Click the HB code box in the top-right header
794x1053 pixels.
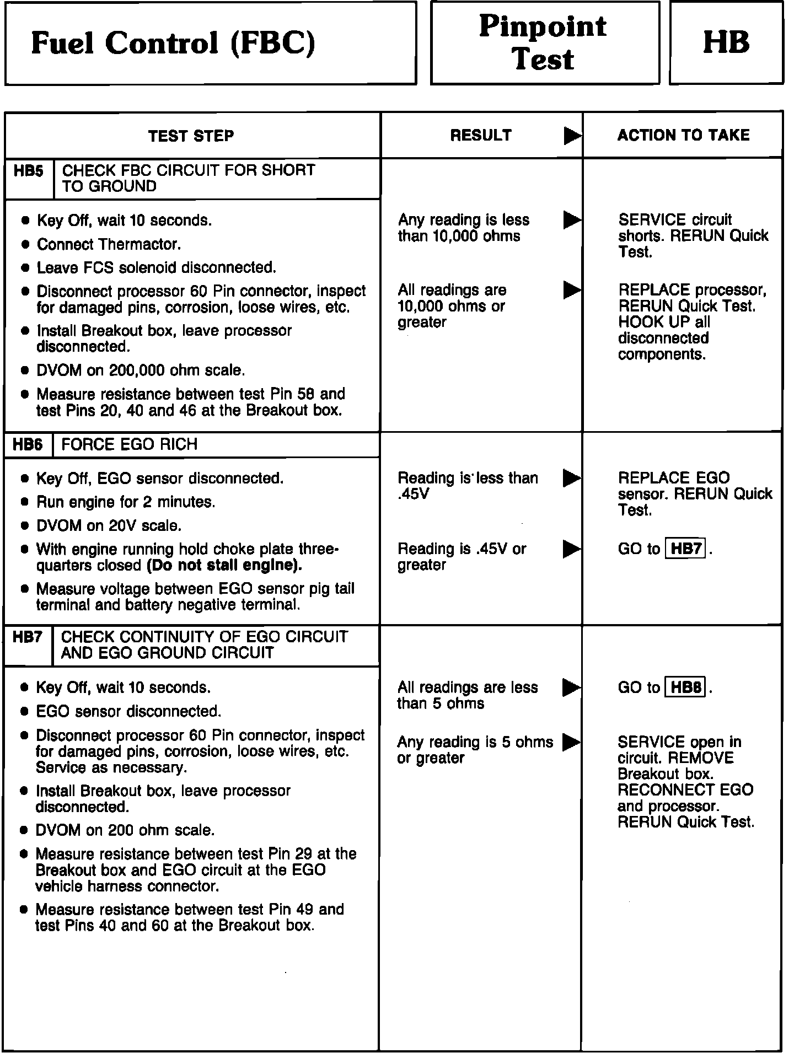point(726,42)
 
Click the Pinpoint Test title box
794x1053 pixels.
point(544,42)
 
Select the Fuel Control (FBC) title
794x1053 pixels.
point(173,43)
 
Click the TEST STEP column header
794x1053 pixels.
point(191,136)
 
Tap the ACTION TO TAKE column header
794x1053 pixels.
point(683,136)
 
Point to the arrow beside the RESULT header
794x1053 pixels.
point(572,136)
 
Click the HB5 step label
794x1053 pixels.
point(29,171)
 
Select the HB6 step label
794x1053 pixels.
point(28,445)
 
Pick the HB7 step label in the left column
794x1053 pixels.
point(28,637)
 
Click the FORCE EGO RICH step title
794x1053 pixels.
point(129,445)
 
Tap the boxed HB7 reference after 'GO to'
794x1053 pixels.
point(686,549)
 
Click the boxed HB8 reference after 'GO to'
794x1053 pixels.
point(686,688)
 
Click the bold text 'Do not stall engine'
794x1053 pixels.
point(224,566)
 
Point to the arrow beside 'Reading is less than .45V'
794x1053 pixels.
point(572,479)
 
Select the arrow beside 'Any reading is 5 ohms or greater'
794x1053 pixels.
point(571,742)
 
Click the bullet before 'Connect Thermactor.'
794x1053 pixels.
point(25,244)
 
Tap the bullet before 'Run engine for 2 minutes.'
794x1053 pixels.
point(24,502)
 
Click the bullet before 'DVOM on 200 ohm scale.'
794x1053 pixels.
point(24,830)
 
